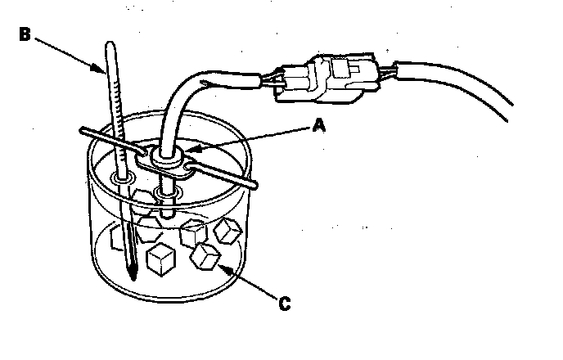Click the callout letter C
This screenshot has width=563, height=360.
pyautogui.click(x=284, y=304)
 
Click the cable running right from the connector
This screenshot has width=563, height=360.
pyautogui.click(x=458, y=90)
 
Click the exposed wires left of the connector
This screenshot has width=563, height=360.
pyautogui.click(x=269, y=80)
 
